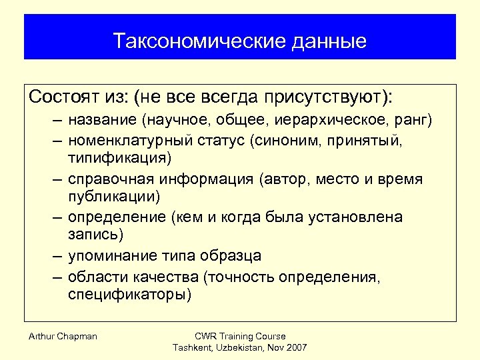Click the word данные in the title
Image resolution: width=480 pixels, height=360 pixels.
329,41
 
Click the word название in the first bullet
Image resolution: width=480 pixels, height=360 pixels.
102,121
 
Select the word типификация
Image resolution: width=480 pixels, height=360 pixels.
119,159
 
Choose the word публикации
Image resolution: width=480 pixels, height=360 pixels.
109,197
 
